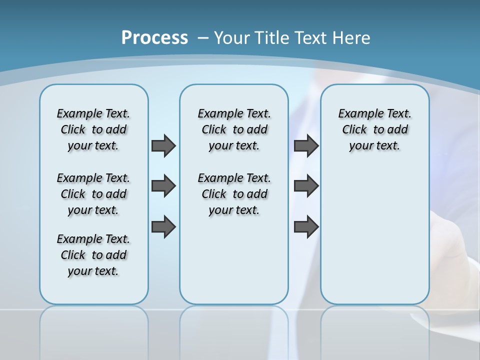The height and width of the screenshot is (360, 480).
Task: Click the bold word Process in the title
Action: tap(154, 38)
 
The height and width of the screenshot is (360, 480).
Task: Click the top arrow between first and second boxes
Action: tap(163, 145)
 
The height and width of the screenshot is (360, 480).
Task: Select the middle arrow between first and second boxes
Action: tap(163, 186)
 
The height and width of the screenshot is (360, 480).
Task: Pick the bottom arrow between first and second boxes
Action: tap(163, 226)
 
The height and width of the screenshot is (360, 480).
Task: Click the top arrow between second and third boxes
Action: tap(306, 145)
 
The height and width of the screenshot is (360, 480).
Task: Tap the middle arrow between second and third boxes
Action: tap(306, 186)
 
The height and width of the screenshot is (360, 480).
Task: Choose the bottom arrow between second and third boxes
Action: tap(306, 226)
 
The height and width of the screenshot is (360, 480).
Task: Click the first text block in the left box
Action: tap(93, 129)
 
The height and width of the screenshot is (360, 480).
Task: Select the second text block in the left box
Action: tap(93, 194)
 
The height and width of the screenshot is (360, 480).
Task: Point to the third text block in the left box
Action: tap(93, 255)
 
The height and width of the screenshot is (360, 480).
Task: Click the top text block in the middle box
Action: tap(234, 129)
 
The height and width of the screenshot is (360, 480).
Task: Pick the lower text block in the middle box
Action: tap(234, 194)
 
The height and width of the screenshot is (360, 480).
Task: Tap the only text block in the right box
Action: tap(375, 129)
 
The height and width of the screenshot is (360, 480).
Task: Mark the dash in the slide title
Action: tap(203, 38)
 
